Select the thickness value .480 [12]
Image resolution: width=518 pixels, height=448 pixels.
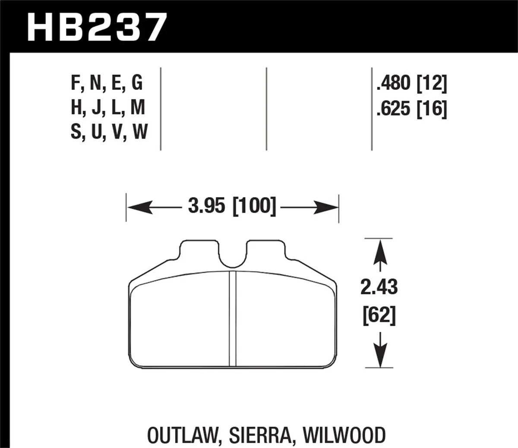(x=411, y=83)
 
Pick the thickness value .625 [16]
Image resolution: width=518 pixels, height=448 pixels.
(x=411, y=108)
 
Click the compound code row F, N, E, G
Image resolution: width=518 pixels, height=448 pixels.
(x=107, y=83)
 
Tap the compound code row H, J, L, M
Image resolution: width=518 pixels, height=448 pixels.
(x=108, y=108)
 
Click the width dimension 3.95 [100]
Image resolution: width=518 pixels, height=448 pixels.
(x=232, y=207)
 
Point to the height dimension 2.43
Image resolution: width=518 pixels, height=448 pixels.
(x=379, y=287)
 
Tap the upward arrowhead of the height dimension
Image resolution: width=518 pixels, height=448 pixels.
(x=379, y=250)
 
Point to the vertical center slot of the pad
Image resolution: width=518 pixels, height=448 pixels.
(x=233, y=320)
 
